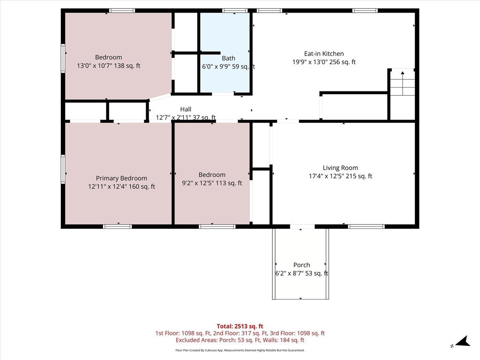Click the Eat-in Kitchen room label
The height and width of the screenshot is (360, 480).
pyautogui.click(x=324, y=53)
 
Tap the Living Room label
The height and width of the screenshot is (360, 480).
pyautogui.click(x=340, y=168)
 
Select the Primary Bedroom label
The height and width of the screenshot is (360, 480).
pyautogui.click(x=121, y=178)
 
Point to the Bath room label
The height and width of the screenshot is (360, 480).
pyautogui.click(x=228, y=58)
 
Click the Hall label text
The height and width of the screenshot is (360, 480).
pyautogui.click(x=186, y=109)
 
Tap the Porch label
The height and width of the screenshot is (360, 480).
pyautogui.click(x=301, y=265)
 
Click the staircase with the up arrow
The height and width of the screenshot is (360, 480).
pyautogui.click(x=402, y=82)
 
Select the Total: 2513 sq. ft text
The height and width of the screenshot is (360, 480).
pyautogui.click(x=240, y=326)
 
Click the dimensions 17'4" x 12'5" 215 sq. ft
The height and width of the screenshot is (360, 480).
pyautogui.click(x=340, y=176)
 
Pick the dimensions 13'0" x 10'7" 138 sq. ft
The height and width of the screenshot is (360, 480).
pyautogui.click(x=109, y=66)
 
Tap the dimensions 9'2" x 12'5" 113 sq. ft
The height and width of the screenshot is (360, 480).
pyautogui.click(x=212, y=183)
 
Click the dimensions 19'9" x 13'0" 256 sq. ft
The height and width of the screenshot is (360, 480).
pyautogui.click(x=324, y=62)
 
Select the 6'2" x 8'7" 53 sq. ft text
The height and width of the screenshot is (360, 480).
pyautogui.click(x=301, y=273)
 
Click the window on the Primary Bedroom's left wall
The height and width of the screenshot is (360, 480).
pyautogui.click(x=63, y=169)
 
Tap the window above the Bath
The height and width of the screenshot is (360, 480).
pyautogui.click(x=235, y=11)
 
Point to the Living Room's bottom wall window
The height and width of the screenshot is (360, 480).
pyautogui.click(x=366, y=226)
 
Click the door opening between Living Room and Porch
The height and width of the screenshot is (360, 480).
pyautogui.click(x=302, y=226)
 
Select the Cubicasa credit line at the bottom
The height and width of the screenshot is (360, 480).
pyautogui.click(x=240, y=350)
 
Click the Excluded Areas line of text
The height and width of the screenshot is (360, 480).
pyautogui.click(x=240, y=340)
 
